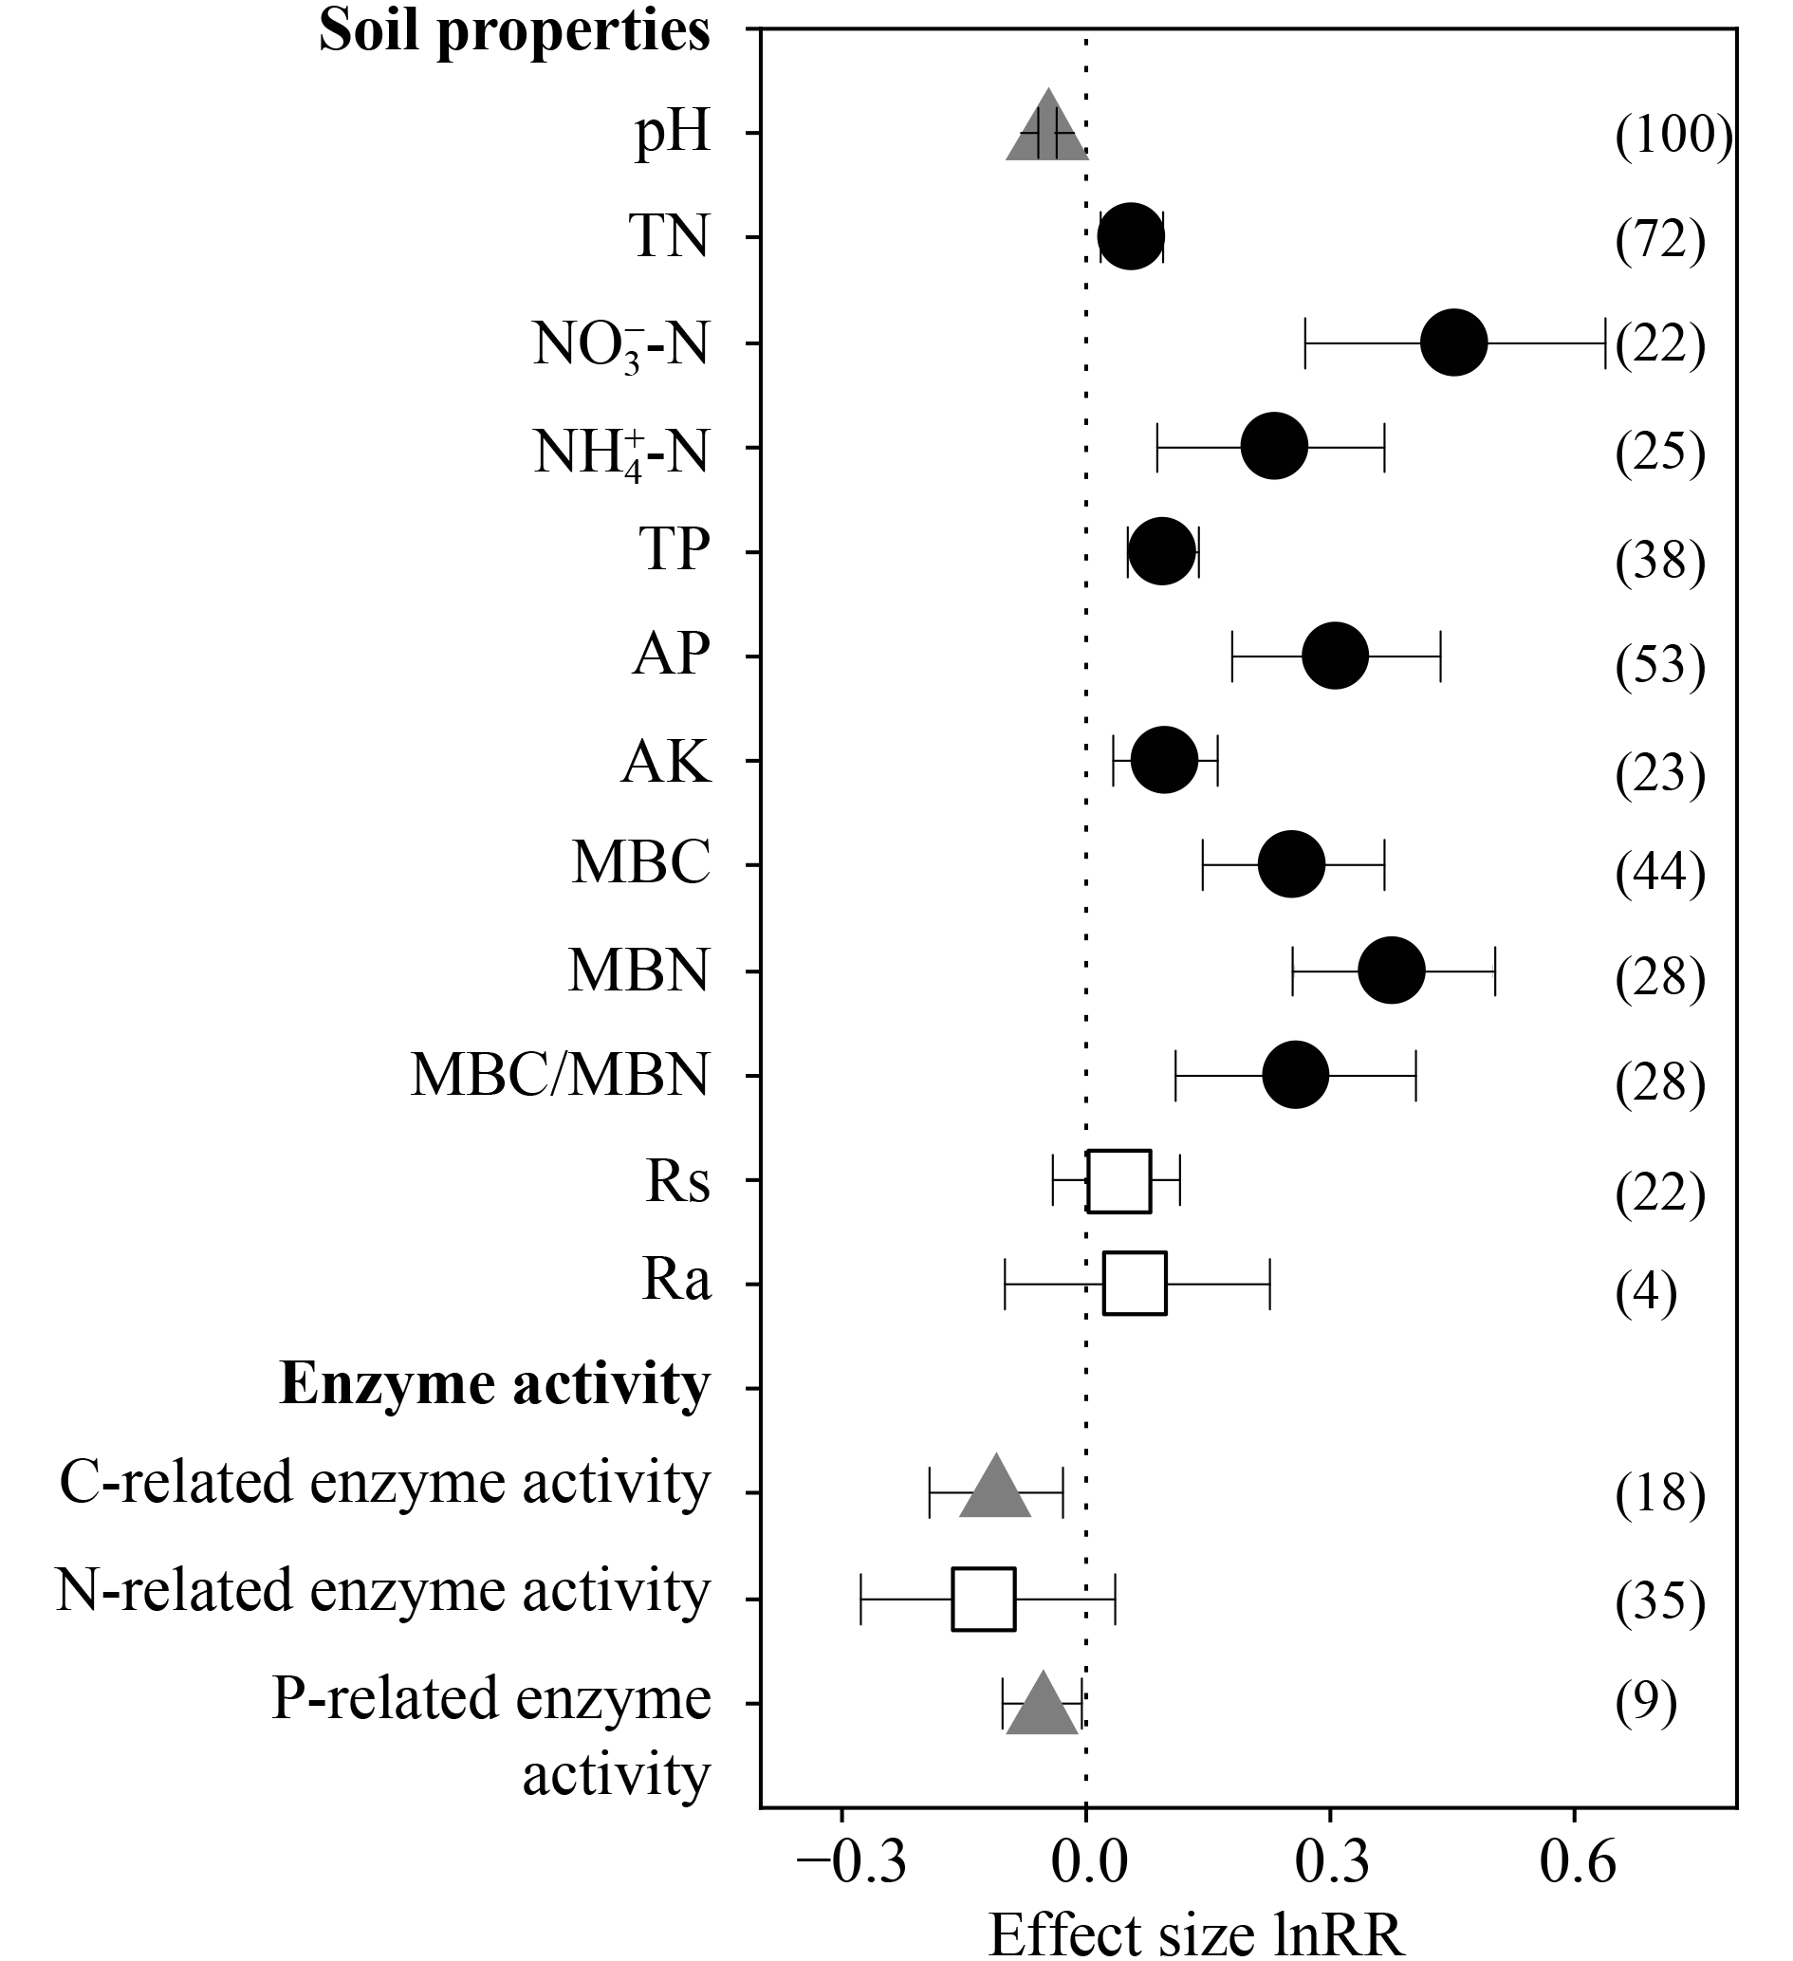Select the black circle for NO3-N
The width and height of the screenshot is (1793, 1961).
[x=1453, y=342]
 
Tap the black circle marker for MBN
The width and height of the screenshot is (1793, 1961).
[x=1391, y=970]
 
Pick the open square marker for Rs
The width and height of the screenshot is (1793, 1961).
[x=1118, y=1181]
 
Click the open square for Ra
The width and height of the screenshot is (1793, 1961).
[x=1135, y=1283]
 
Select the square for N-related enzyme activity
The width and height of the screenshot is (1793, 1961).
[x=984, y=1599]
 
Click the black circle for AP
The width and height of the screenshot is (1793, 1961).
[x=1335, y=657]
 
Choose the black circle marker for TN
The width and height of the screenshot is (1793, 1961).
[x=1131, y=237]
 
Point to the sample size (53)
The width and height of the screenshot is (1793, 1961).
[x=1660, y=665]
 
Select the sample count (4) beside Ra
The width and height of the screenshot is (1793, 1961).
[x=1646, y=1292]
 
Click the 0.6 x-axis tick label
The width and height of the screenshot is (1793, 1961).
[x=1577, y=1863]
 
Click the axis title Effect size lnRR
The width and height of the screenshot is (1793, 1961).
[x=1196, y=1933]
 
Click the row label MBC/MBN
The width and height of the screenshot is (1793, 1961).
[x=560, y=1076]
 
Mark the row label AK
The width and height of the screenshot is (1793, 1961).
[x=665, y=762]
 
